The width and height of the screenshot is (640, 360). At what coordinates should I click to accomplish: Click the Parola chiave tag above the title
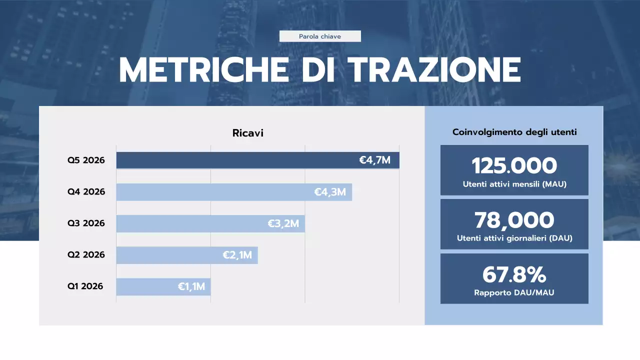(x=320, y=36)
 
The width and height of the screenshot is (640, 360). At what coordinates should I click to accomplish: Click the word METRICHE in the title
(x=204, y=70)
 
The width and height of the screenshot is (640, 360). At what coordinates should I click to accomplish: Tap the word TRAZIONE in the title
(x=434, y=70)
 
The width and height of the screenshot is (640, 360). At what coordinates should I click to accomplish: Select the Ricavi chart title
(x=247, y=133)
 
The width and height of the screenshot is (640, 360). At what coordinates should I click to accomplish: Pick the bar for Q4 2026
(x=215, y=192)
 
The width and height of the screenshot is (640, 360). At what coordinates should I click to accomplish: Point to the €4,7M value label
(x=374, y=160)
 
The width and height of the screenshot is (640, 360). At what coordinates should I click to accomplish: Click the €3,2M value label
(x=283, y=223)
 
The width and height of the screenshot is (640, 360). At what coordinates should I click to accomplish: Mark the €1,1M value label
(x=191, y=287)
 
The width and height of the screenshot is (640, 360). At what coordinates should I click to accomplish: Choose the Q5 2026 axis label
(x=86, y=160)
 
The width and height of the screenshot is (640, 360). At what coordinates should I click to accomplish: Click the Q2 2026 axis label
(x=86, y=254)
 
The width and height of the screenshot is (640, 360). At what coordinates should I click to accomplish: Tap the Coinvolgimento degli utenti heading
(x=514, y=132)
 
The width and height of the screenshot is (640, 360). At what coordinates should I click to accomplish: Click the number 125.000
(x=514, y=165)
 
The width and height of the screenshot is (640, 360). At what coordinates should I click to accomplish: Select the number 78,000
(x=514, y=220)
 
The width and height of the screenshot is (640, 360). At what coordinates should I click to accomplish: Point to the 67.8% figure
(x=514, y=274)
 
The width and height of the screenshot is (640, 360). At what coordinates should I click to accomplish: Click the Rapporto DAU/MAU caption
(x=514, y=292)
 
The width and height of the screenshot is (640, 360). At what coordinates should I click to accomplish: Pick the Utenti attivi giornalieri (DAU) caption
(x=514, y=238)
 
